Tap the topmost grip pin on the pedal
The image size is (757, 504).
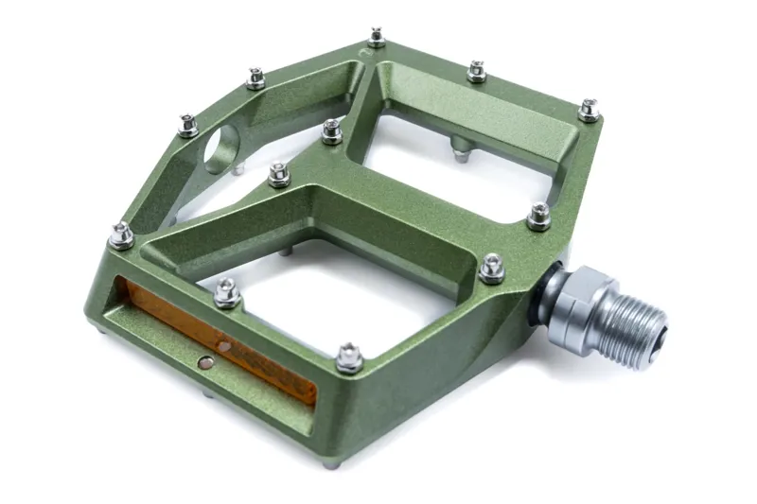377,38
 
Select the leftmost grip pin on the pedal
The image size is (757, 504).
121,235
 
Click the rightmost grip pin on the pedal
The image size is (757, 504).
590,110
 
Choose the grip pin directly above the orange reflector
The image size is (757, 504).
227,292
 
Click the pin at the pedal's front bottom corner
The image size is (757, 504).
349,356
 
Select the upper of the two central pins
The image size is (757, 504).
331,130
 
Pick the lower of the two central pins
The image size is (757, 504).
279,174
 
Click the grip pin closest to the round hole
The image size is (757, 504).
189,125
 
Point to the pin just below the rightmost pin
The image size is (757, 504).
538,217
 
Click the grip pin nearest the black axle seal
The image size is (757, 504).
492,269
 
